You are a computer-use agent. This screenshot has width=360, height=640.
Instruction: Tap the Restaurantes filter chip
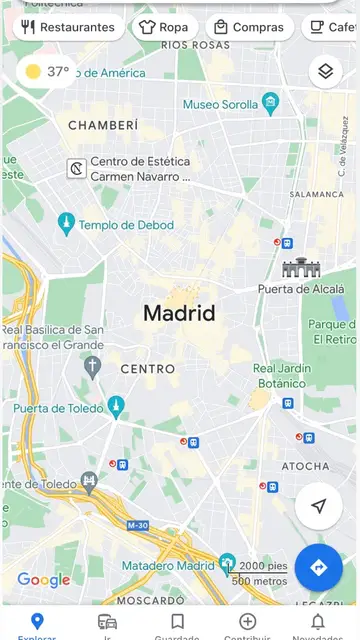coord(67,27)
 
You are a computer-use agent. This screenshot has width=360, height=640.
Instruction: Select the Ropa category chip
coord(163,27)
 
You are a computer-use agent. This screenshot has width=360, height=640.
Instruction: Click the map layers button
coord(324,71)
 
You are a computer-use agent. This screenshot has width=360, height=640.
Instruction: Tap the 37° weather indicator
coord(48,72)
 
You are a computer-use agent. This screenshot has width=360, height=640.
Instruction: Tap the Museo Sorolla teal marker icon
coord(269,103)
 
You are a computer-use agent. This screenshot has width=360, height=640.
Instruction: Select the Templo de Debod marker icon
coord(66,224)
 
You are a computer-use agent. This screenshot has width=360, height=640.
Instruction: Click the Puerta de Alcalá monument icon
coord(300,268)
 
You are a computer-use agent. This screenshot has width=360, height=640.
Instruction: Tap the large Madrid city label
coord(179,313)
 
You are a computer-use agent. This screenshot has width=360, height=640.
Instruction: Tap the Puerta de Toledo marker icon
coord(116,406)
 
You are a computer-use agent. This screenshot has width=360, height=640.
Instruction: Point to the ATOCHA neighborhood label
coord(305,466)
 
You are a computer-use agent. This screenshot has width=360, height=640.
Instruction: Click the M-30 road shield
coord(138,525)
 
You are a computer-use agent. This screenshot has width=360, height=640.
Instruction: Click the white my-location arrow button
coord(318,507)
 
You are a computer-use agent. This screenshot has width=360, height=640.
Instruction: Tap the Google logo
coord(44,580)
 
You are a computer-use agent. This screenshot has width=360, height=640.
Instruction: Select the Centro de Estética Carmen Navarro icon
coord(75,168)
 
